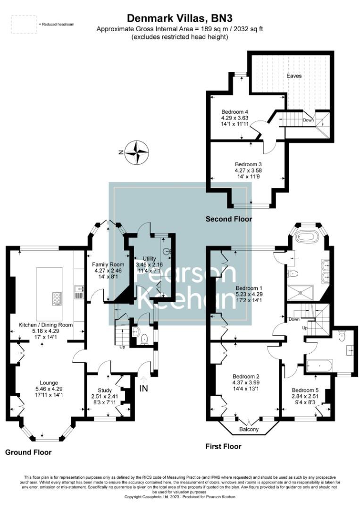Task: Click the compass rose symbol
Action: click(x=137, y=152)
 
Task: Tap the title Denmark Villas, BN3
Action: click(x=180, y=18)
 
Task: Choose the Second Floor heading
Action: click(x=229, y=219)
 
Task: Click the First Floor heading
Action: click(x=223, y=446)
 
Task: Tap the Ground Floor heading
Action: click(x=28, y=452)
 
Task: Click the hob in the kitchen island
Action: click(x=57, y=298)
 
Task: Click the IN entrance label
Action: click(x=144, y=388)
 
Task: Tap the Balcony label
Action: click(x=249, y=429)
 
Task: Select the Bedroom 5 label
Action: click(x=302, y=390)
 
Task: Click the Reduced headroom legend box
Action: click(x=23, y=24)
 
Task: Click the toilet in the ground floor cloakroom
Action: click(x=144, y=338)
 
